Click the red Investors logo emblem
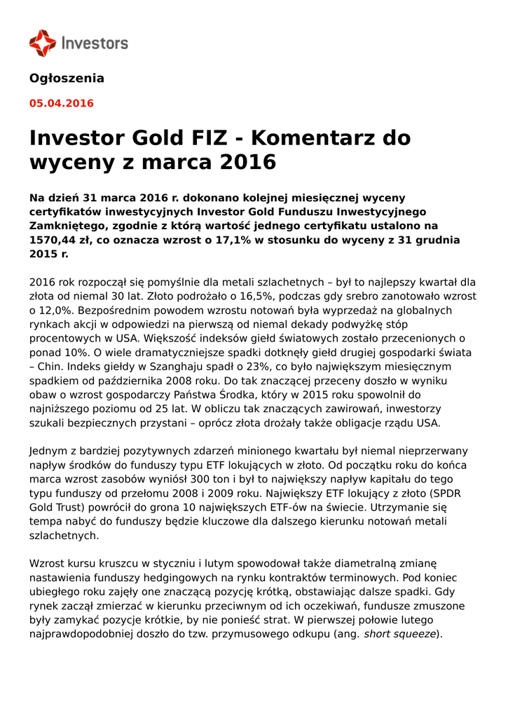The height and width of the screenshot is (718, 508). tap(42, 43)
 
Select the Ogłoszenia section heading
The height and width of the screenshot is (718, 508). tap(67, 78)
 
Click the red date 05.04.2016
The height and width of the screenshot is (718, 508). tap(61, 103)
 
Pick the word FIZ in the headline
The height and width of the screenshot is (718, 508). tap(204, 137)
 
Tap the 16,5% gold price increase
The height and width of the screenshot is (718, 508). tap(249, 296)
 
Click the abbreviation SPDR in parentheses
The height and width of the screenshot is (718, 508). tap(444, 493)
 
